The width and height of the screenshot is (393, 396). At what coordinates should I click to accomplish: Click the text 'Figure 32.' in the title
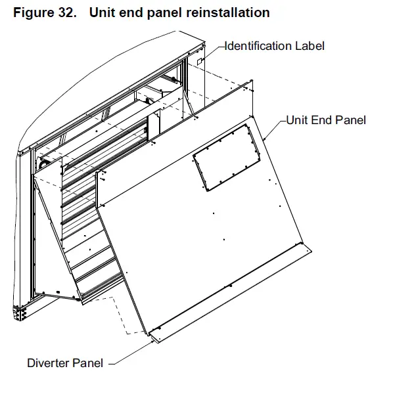coord(41,13)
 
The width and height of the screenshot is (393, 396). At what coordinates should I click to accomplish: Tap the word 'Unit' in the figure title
coord(102,13)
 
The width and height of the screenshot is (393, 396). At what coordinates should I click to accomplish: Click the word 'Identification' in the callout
coord(259,46)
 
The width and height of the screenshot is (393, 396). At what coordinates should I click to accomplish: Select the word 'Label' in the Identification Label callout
coord(310,46)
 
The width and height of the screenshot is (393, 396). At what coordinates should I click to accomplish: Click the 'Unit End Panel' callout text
coord(325,120)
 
